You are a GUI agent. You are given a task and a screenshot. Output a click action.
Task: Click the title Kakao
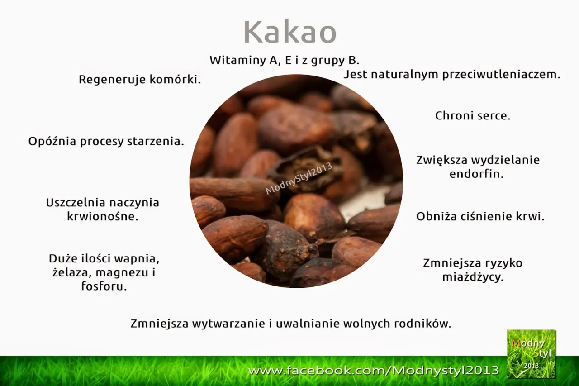coord(290,32)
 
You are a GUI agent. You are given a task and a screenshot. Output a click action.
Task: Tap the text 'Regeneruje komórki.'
coord(140,80)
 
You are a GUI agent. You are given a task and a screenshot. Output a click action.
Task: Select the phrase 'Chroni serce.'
coord(473,116)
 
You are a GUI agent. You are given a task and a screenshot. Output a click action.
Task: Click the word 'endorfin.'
coord(476,174)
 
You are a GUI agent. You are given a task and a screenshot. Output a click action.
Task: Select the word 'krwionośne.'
coord(102,216)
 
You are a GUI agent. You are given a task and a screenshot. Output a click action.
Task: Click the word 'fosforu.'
coord(104,286)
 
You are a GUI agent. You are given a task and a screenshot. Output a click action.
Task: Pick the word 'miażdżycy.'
coord(473,277)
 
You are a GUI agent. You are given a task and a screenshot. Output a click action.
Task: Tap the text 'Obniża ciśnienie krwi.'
coord(480,216)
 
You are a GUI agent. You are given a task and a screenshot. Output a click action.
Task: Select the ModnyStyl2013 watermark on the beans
coord(299,178)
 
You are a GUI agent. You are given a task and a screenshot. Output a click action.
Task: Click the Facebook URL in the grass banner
coord(374,371)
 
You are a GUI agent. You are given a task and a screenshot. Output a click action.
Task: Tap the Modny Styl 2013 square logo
coord(531,353)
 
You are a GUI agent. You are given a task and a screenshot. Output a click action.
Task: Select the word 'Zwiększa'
coord(441,160)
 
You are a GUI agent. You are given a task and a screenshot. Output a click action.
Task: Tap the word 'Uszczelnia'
coord(75,203)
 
